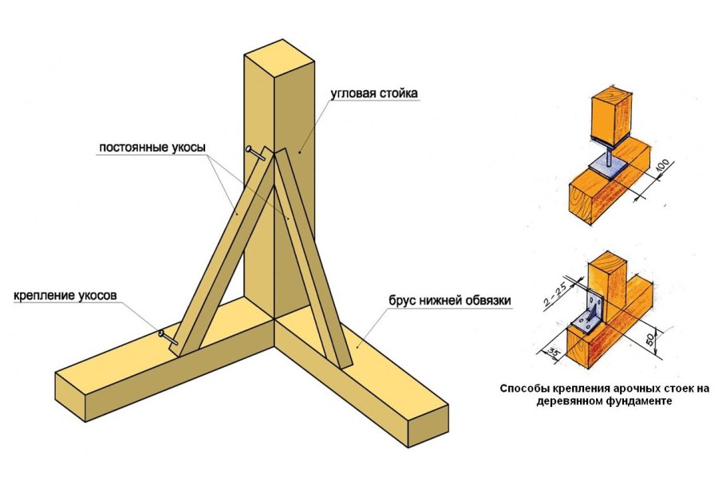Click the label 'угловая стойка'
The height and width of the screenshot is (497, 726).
(x=374, y=93)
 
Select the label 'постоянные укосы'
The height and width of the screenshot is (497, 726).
(x=152, y=148)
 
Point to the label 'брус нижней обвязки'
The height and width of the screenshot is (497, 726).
(x=450, y=301)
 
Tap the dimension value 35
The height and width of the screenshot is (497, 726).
(x=550, y=349)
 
